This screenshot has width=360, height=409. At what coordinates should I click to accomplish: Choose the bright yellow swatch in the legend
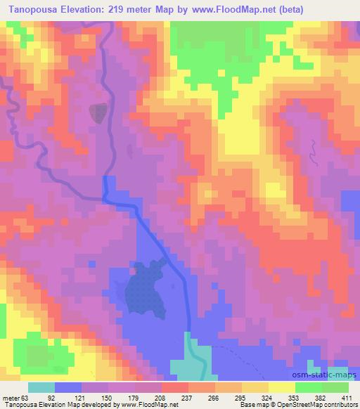(x=282, y=388)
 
